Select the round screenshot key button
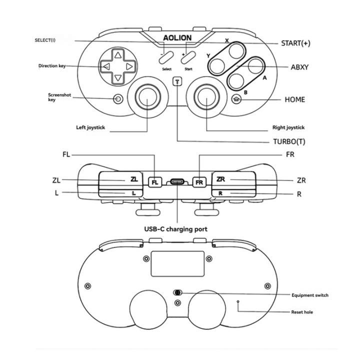pos(117,98)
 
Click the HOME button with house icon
pos(237,99)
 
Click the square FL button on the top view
pos(154,182)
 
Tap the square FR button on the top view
pos(199,182)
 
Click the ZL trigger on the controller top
pos(120,179)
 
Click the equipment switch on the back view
pos(177,293)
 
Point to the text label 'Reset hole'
pos(302,312)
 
